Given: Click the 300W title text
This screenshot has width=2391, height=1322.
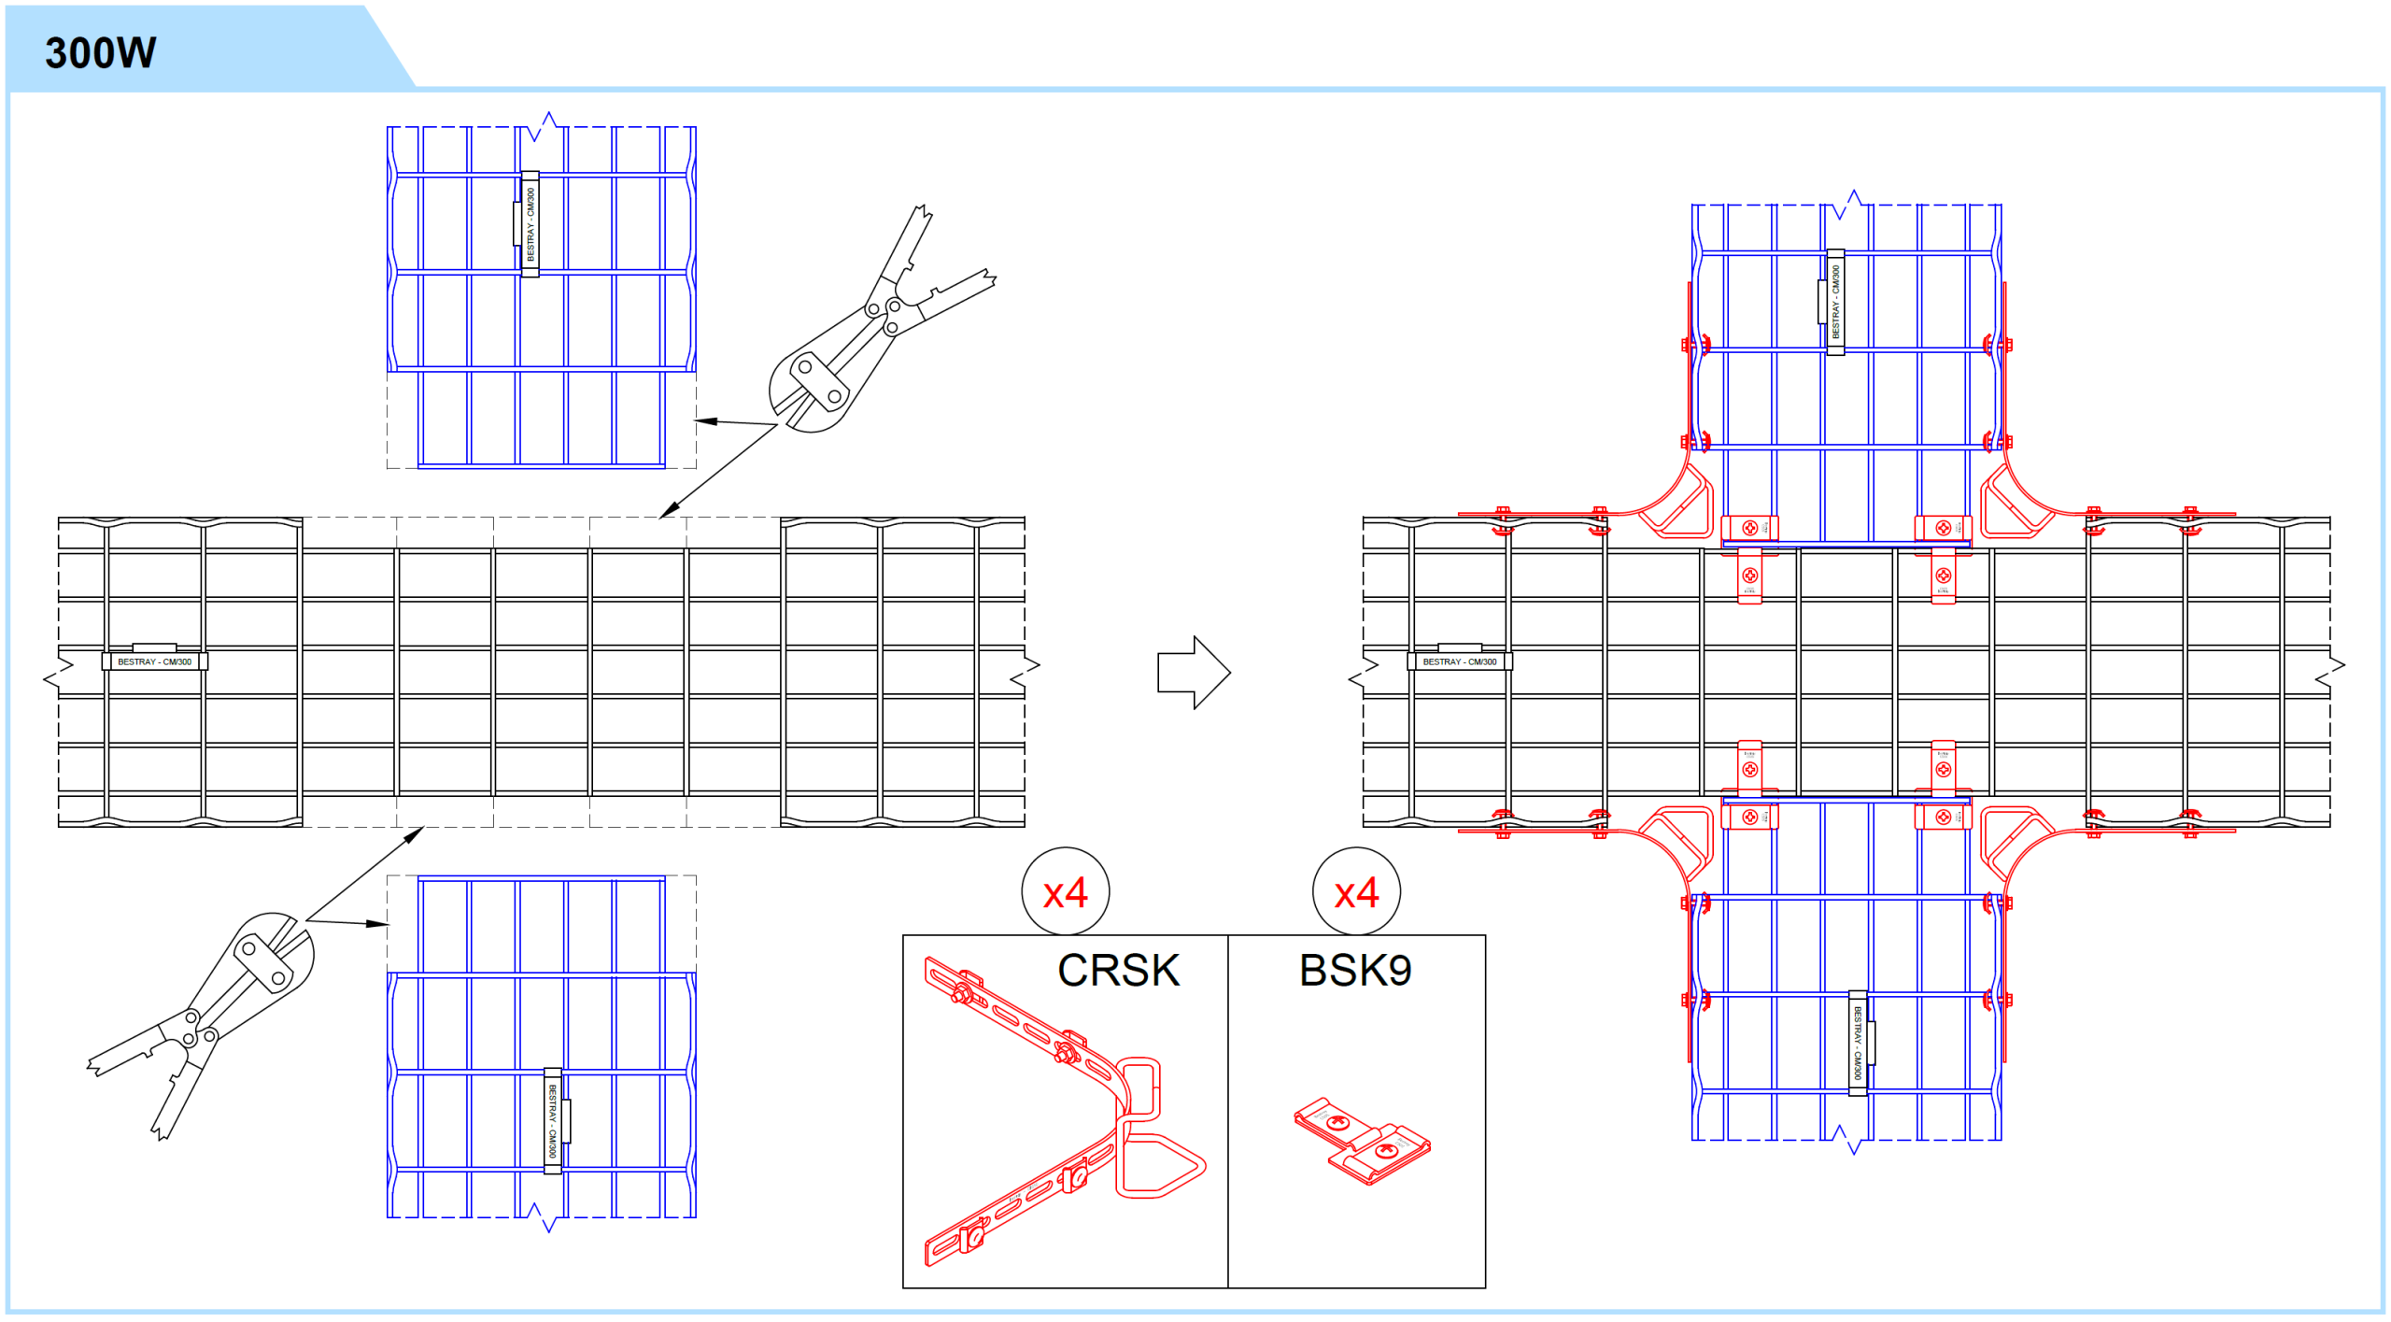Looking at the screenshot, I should pos(100,52).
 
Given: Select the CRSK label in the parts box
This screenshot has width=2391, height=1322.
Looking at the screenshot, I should pos(1118,970).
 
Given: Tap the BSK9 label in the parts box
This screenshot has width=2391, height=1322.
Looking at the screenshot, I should pos(1354,970).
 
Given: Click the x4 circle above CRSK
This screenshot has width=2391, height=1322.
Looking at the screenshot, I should pos(1066,892).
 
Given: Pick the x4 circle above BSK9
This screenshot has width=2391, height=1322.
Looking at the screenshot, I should pos(1356,892).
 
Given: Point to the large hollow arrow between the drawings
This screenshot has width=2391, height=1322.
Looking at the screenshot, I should pos(1194,673).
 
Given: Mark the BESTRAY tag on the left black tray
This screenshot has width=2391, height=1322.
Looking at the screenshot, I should pos(154,661).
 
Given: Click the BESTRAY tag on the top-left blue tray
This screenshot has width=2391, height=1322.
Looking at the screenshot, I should pos(530,224).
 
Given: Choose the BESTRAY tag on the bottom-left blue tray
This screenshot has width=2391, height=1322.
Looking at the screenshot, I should pos(553,1120).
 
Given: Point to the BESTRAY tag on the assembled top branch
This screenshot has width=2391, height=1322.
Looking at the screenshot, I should pos(1834,302).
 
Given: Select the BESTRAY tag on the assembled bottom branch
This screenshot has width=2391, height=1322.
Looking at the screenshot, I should pos(1858,1043).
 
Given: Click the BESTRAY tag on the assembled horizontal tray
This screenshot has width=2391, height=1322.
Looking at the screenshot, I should pos(1459,661).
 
